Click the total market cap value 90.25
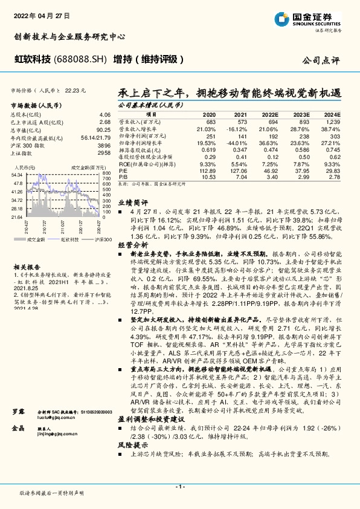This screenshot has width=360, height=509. click(103, 130)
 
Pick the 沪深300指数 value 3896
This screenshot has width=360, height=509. click(104, 146)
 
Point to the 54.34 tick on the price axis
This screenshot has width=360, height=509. click(17, 174)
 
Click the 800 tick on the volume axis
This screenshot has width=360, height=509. click(106, 174)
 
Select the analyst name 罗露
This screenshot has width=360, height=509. click(19, 394)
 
